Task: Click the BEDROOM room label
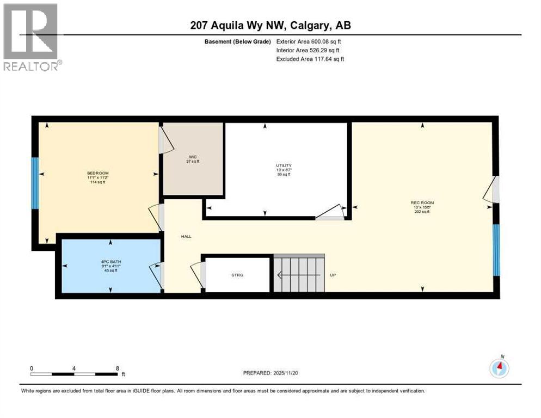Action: click(98, 173)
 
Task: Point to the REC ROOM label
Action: click(422, 203)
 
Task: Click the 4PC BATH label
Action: click(111, 262)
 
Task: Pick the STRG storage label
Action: click(237, 275)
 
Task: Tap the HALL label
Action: click(186, 236)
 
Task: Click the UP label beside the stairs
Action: click(334, 275)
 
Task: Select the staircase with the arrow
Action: click(298, 274)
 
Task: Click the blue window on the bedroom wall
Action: click(35, 183)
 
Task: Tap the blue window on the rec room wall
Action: click(496, 250)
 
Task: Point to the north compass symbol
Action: click(499, 368)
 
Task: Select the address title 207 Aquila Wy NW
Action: click(270, 26)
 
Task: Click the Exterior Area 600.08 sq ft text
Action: click(309, 41)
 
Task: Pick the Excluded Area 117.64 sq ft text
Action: click(310, 59)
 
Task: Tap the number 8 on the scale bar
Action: click(118, 368)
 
